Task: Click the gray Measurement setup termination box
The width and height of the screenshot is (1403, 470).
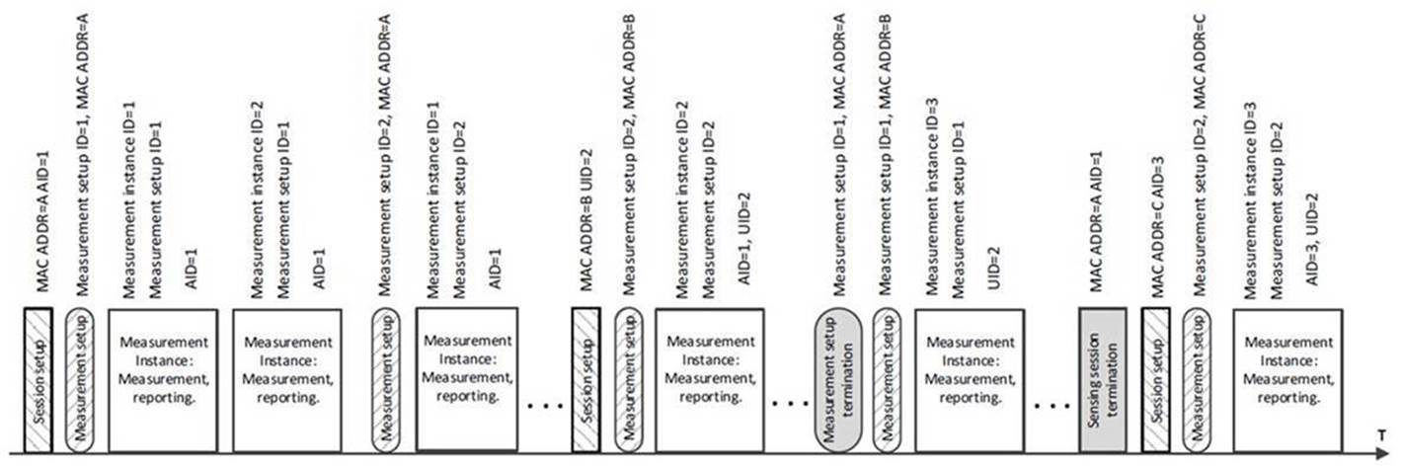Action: [838, 379]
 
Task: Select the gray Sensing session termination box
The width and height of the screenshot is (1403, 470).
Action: [1102, 379]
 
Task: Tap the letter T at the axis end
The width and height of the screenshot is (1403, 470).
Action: [1380, 435]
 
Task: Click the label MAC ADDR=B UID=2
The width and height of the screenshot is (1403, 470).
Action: [586, 220]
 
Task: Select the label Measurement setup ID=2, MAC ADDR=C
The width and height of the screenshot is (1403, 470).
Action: [1200, 155]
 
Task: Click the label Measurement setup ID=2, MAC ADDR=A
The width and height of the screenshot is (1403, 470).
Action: [385, 155]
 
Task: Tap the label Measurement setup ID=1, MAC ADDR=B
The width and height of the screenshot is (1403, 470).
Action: [885, 155]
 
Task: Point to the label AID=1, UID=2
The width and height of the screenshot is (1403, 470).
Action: [744, 239]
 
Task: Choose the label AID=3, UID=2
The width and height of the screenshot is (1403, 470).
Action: [1312, 239]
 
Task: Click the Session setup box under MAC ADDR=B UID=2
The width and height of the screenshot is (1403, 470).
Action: [586, 380]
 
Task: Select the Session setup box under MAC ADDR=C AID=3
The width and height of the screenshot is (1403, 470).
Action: [1155, 380]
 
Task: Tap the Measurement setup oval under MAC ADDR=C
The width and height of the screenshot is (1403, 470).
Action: [1197, 380]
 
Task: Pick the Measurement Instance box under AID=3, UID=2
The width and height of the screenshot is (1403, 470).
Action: [1288, 380]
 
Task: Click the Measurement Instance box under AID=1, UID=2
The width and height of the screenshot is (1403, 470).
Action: [710, 380]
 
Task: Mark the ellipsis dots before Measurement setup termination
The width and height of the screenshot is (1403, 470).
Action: [791, 404]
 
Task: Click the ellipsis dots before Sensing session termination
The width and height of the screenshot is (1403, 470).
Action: [1052, 406]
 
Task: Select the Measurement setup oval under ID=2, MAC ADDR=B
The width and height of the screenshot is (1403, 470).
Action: [628, 380]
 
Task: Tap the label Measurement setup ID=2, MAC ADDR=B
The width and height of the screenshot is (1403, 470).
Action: [629, 155]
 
